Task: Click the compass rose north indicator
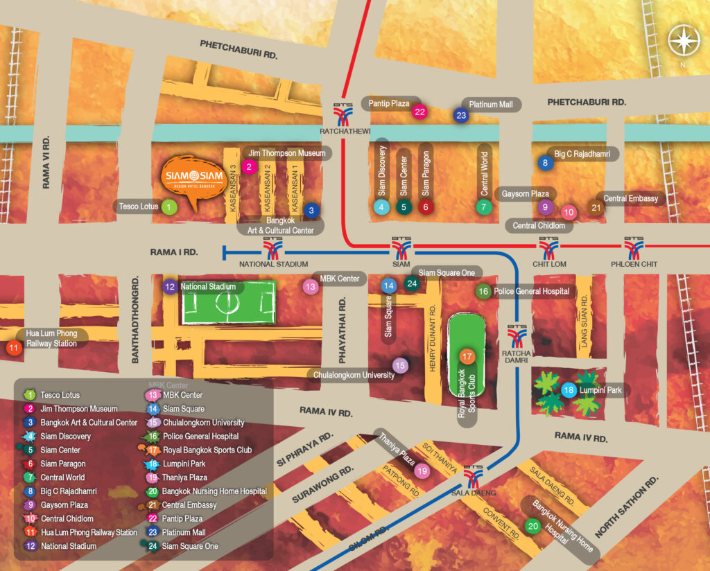(x=684, y=40)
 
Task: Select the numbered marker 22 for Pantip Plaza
(x=419, y=111)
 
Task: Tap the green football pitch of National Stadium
(x=228, y=302)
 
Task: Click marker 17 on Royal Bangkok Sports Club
(x=467, y=357)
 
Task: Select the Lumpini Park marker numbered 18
(x=569, y=390)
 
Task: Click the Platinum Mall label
(x=491, y=105)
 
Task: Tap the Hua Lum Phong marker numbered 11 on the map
(x=13, y=349)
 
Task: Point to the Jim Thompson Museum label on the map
(x=286, y=153)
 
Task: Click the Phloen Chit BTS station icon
(x=634, y=247)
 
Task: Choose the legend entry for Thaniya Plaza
(x=185, y=477)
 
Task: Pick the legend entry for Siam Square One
(x=190, y=546)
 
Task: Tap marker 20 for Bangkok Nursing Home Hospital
(x=532, y=526)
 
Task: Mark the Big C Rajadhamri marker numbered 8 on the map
(x=546, y=163)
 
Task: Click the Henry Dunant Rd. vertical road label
(x=432, y=339)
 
